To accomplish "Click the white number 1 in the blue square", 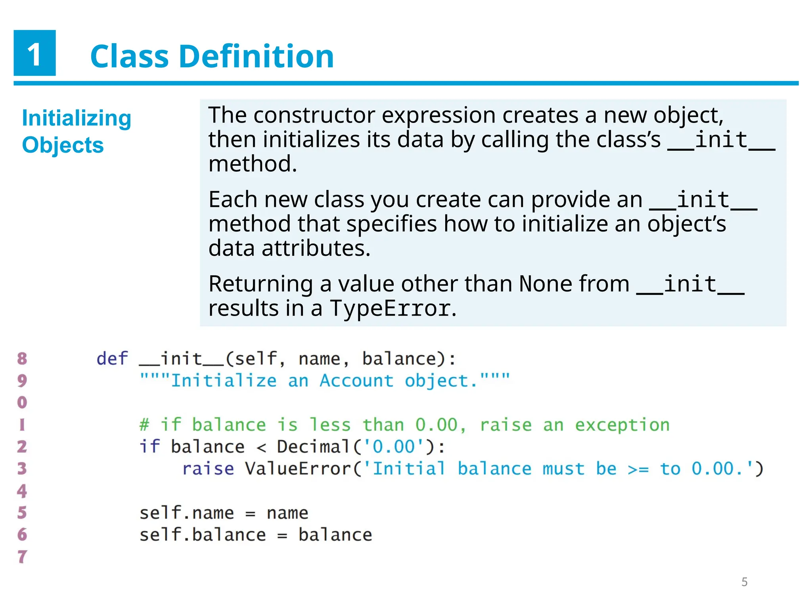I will tap(34, 54).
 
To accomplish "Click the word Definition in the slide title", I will tap(257, 56).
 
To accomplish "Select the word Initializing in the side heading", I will tap(77, 118).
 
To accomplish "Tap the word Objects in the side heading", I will tap(63, 145).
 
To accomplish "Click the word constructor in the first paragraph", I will tap(314, 115).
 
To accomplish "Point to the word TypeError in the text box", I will tap(390, 308).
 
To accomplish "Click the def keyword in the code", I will tap(112, 359).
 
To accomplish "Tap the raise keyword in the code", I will tap(208, 469).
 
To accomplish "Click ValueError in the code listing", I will tap(298, 469).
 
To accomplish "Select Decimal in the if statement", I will tap(313, 447).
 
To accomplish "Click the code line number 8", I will tap(22, 359).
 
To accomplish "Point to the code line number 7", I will tap(22, 557).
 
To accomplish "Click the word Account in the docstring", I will tap(356, 381).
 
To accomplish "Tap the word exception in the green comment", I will tap(622, 425).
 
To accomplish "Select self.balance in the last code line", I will tap(202, 535).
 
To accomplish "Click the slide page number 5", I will tap(744, 582).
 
